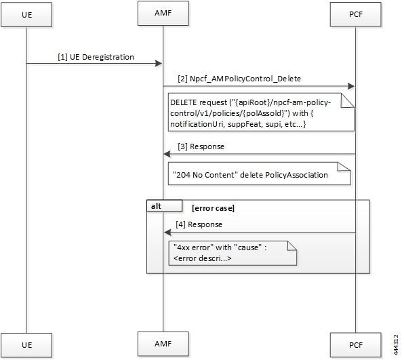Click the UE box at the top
point(26,15)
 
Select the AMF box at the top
point(163,13)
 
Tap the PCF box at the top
point(356,14)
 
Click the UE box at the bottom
point(26,345)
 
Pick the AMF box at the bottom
point(163,344)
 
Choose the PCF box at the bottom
point(356,345)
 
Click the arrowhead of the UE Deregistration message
point(159,64)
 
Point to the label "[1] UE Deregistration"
point(96,57)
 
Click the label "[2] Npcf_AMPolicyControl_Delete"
point(239,79)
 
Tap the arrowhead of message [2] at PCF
point(351,86)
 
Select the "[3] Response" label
point(201,146)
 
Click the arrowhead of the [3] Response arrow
point(167,154)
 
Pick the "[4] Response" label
point(199,224)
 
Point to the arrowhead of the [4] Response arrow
point(168,233)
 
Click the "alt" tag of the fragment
point(156,206)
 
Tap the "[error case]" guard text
point(214,208)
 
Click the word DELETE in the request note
point(184,102)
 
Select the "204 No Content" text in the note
point(205,175)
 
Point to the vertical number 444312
point(396,344)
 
